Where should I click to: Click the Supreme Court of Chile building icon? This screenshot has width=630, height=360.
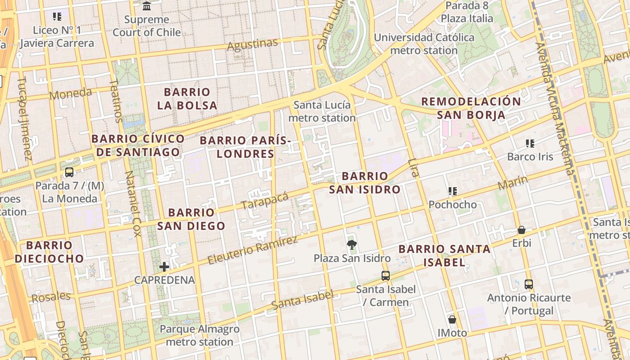coord(147,6)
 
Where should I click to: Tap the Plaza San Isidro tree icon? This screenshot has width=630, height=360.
coord(352,245)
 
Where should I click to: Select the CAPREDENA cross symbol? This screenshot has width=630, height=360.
coord(164,266)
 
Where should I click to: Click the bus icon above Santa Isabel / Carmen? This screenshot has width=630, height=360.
coord(386,275)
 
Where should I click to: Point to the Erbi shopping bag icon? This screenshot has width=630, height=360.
coord(522,230)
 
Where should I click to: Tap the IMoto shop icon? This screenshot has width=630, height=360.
coord(452,319)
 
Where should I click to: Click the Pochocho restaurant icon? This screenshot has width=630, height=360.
coord(453,191)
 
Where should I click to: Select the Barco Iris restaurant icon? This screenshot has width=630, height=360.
coord(530,144)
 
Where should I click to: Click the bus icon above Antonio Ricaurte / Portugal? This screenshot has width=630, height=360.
coord(529,284)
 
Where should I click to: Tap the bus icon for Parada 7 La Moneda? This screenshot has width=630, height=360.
coord(69,172)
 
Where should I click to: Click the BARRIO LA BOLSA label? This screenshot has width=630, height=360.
coord(187,99)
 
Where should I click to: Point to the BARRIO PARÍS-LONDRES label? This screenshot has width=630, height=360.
coord(246,147)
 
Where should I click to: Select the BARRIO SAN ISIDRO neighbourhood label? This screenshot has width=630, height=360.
coord(364,183)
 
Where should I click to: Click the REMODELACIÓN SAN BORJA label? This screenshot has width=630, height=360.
coord(471,108)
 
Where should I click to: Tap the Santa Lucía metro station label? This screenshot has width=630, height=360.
coord(322,112)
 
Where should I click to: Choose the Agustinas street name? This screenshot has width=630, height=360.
coord(252,45)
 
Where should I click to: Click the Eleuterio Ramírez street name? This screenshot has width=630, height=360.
coord(252,250)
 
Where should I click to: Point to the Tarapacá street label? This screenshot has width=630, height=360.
coord(265,201)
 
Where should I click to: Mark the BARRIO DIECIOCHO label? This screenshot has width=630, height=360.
coord(49,252)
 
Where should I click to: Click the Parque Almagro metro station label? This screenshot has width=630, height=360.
coord(199,335)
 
